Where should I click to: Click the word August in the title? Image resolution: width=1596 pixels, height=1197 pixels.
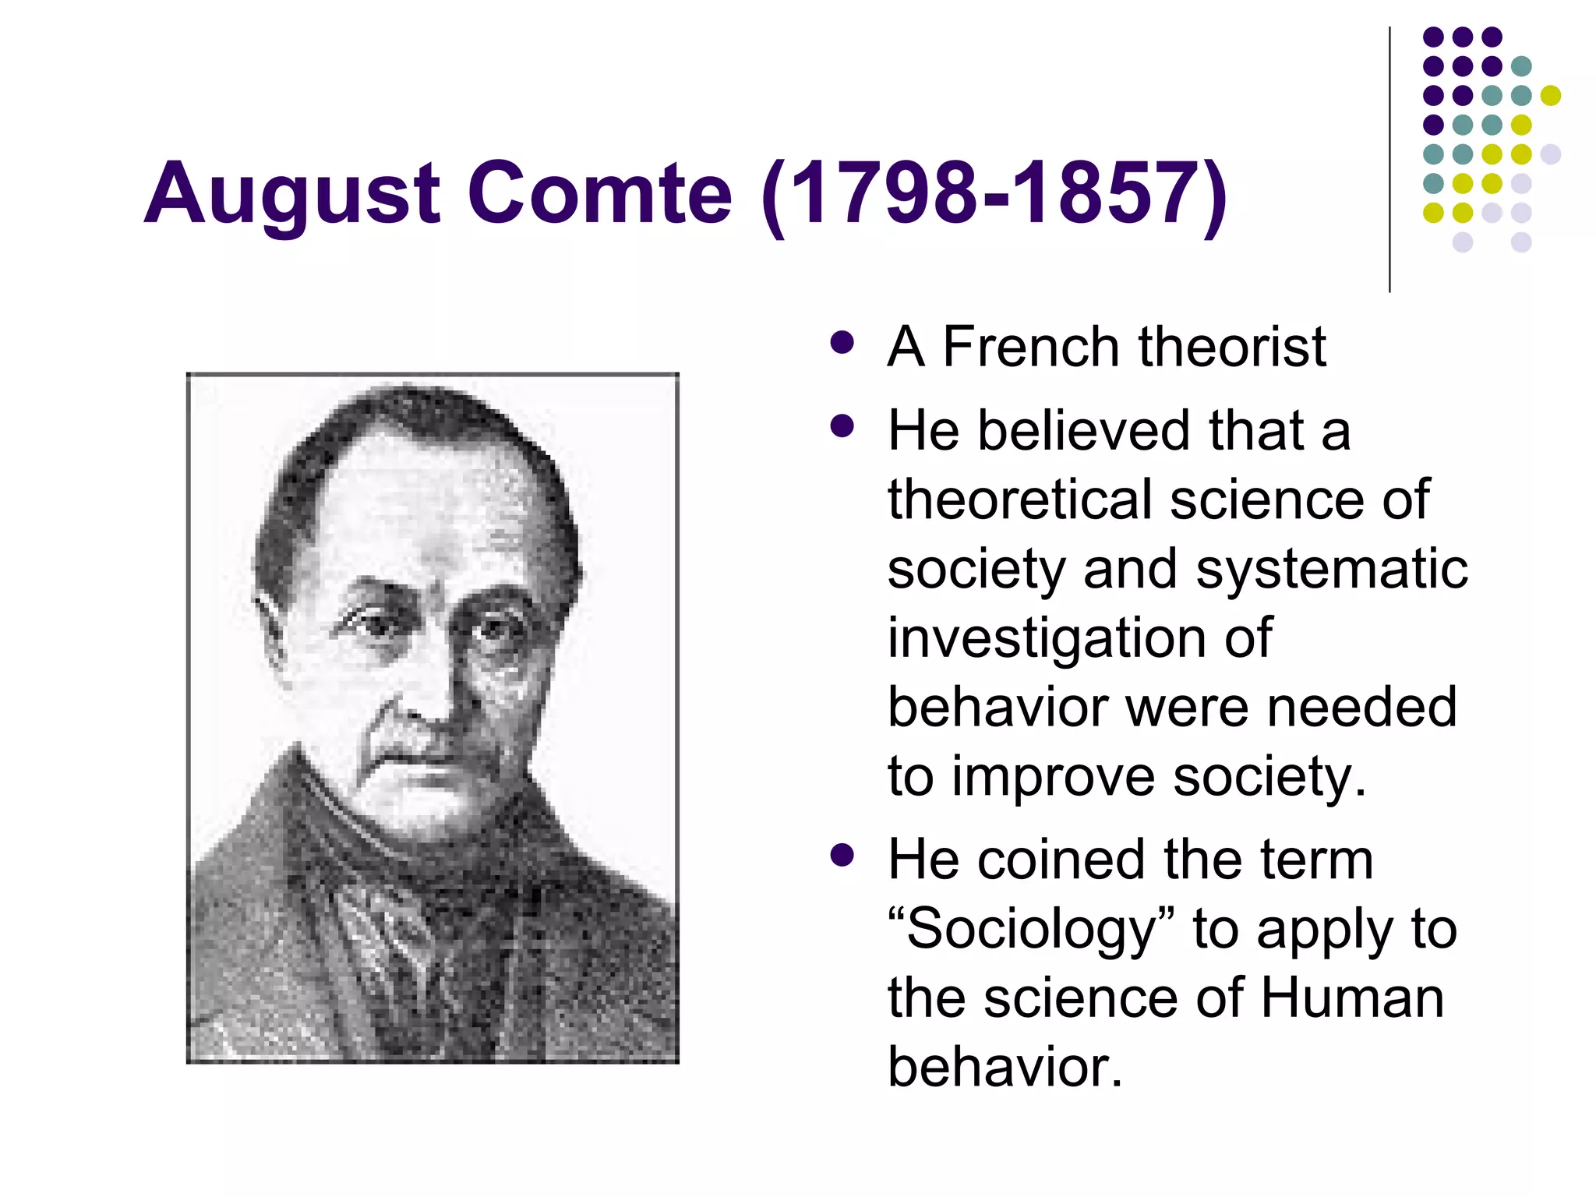[292, 193]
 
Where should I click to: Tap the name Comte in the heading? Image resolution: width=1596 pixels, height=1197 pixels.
[600, 193]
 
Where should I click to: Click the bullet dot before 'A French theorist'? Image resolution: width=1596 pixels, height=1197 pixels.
[842, 343]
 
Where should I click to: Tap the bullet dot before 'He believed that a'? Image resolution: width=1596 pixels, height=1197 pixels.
[842, 426]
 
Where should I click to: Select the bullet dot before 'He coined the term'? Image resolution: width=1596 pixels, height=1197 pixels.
[842, 856]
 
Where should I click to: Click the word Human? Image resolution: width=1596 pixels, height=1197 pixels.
[1352, 998]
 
